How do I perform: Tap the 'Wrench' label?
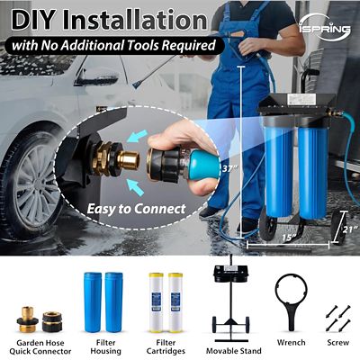coord(292,342)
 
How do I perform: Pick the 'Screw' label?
coord(337,342)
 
